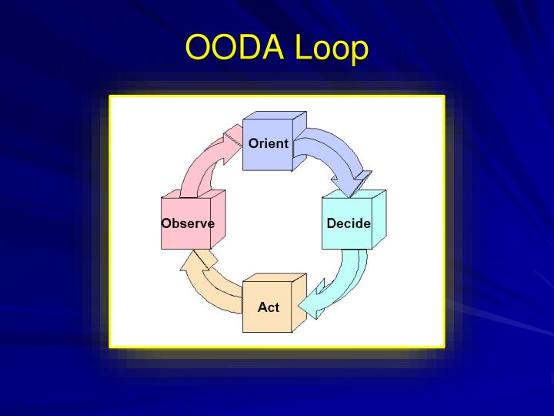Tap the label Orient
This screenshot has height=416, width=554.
tap(269, 143)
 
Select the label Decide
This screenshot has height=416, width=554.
tap(349, 223)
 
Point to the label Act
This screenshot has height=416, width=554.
tap(269, 307)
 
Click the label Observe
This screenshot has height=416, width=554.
tap(188, 223)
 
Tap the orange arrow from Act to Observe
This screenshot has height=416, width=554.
tap(217, 289)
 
